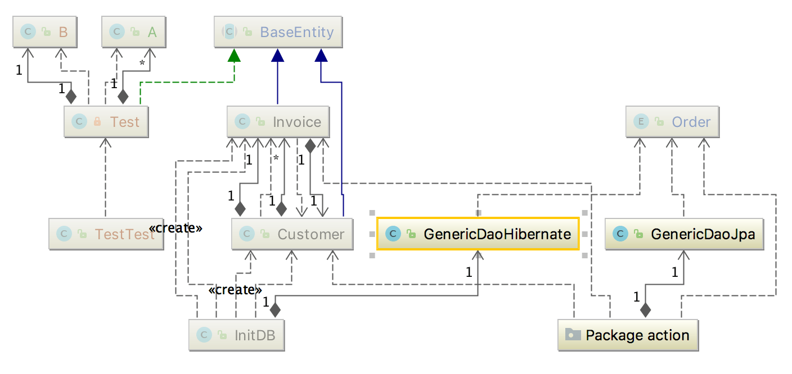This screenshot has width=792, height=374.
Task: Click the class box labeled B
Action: pyautogui.click(x=45, y=32)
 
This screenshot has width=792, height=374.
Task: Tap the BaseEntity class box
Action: pyautogui.click(x=278, y=32)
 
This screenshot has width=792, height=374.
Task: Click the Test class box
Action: pyautogui.click(x=106, y=122)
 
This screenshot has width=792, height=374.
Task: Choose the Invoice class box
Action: pyautogui.click(x=278, y=122)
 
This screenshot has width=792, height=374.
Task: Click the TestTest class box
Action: pyautogui.click(x=106, y=234)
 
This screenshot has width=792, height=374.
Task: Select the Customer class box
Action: pyautogui.click(x=292, y=234)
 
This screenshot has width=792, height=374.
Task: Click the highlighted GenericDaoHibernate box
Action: pyautogui.click(x=478, y=234)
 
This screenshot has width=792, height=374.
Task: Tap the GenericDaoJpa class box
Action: pyautogui.click(x=684, y=234)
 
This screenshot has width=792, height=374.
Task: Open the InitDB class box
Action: pyautogui.click(x=236, y=335)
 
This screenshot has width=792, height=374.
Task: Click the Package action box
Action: pyautogui.click(x=628, y=335)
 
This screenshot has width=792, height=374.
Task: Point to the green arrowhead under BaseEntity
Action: pyautogui.click(x=234, y=55)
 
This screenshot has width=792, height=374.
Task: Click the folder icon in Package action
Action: pyautogui.click(x=573, y=335)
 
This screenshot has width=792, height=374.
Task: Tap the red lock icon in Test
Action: pyautogui.click(x=97, y=122)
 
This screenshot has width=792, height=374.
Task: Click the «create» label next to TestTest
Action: pyautogui.click(x=175, y=229)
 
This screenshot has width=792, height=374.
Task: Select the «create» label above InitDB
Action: pyautogui.click(x=235, y=290)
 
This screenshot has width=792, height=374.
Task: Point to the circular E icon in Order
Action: pyautogui.click(x=640, y=122)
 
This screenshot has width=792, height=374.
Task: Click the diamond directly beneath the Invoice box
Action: pyautogui.click(x=309, y=145)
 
